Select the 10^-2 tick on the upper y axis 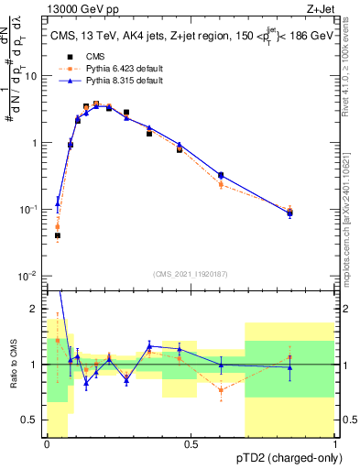pos(31,276)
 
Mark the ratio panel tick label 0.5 pos(34,420)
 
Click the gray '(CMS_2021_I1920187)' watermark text pos(191,272)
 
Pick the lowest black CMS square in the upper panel pos(58,235)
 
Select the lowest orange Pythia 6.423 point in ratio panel pos(221,390)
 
